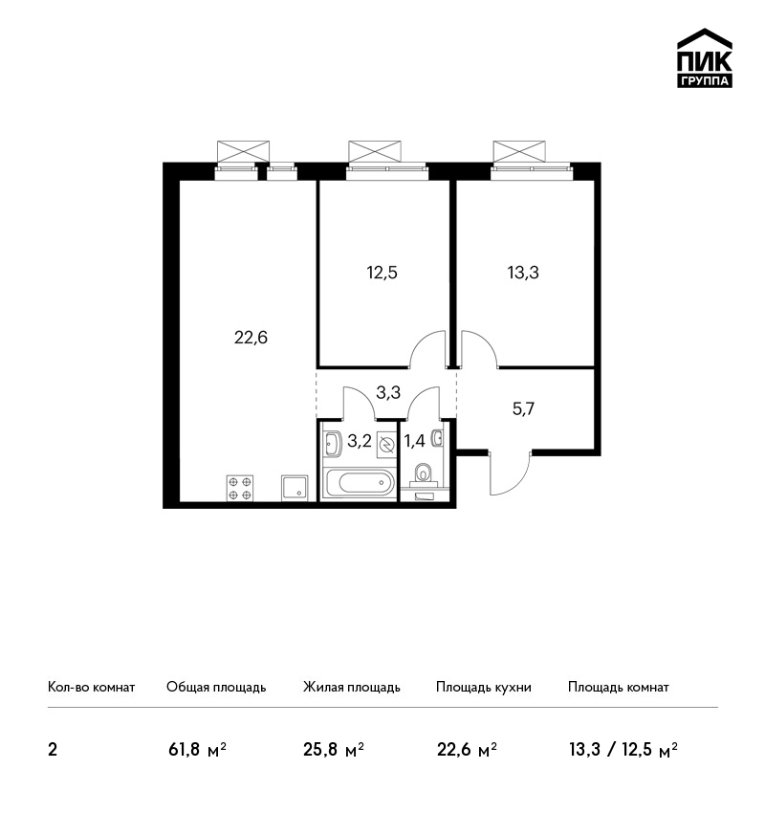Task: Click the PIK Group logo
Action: click(705, 58)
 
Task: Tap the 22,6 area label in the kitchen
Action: click(251, 338)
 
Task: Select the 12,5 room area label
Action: click(382, 273)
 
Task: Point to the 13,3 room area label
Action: click(523, 273)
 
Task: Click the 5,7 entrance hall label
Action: click(523, 409)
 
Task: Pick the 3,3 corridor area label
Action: click(388, 392)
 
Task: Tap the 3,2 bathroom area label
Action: click(360, 441)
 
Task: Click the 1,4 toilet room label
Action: click(415, 441)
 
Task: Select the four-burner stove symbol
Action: click(240, 488)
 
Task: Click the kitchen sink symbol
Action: click(295, 488)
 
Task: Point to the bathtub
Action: click(359, 483)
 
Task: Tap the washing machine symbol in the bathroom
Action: click(386, 445)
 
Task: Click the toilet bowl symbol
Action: click(424, 473)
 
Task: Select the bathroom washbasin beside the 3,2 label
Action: click(332, 444)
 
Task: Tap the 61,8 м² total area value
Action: click(198, 750)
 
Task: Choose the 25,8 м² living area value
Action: click(334, 750)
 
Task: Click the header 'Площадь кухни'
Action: click(484, 688)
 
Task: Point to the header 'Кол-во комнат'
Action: click(91, 688)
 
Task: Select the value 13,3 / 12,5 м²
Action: click(623, 750)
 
